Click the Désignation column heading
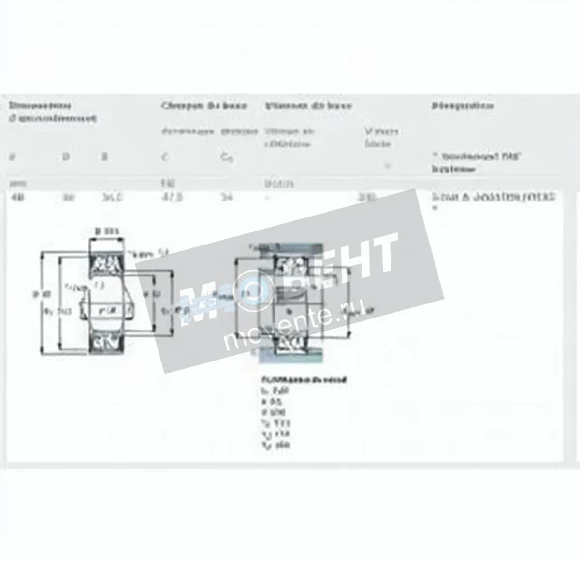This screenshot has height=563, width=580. (x=463, y=106)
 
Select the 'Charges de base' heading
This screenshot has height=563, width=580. (x=204, y=106)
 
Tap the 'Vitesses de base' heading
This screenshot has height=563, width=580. (x=308, y=106)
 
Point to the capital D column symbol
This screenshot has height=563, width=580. (x=66, y=157)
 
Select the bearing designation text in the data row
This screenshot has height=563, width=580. (x=493, y=197)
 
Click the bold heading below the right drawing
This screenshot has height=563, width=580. (x=303, y=380)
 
